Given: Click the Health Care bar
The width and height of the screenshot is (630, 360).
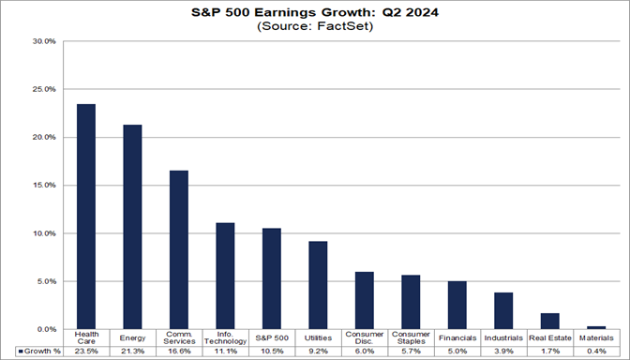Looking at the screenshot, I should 85,217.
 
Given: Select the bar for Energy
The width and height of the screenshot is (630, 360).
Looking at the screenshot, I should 132,227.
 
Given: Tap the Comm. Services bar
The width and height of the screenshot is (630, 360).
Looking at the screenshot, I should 178,249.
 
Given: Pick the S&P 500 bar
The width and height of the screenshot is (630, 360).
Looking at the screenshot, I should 271,278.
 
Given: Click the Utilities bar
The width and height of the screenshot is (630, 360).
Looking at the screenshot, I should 318,285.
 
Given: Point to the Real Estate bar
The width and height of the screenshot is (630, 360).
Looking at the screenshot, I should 549,321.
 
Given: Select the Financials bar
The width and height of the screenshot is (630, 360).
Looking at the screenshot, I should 457,305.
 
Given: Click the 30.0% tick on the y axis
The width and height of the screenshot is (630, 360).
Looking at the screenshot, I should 43,41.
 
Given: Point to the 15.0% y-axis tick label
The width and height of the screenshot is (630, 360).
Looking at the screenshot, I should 43,186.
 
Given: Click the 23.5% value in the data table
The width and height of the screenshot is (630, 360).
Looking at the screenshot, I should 85,351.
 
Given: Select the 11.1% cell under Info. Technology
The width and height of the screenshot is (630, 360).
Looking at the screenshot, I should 225,351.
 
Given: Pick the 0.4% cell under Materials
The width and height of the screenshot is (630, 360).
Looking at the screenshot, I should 596,351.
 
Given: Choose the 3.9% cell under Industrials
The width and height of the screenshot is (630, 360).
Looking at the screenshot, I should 503,351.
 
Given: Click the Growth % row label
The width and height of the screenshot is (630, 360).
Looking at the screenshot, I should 37,351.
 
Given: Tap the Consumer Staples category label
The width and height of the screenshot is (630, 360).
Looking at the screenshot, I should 411,337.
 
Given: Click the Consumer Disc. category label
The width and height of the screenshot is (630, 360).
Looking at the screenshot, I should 364,337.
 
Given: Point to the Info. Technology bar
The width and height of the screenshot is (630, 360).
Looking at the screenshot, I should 225,276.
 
